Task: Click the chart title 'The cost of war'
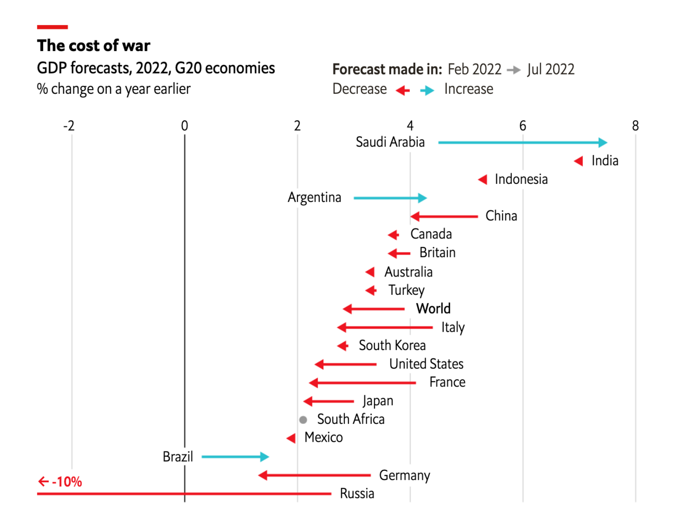(x=93, y=45)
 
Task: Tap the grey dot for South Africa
(x=303, y=420)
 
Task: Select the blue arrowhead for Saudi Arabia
(x=603, y=143)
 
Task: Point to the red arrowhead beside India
(x=578, y=161)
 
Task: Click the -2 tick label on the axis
(x=69, y=126)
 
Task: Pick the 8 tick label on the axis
(x=635, y=126)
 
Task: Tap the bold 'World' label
(x=433, y=309)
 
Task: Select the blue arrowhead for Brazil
(x=265, y=457)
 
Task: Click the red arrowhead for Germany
(x=262, y=475)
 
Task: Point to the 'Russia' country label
(x=357, y=493)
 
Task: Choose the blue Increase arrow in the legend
(x=427, y=91)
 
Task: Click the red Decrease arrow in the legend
(x=403, y=91)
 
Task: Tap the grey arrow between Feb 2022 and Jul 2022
(x=514, y=70)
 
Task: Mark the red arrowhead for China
(x=415, y=217)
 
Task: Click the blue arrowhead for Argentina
(x=422, y=198)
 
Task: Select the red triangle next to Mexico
(x=291, y=438)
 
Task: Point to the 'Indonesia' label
(x=521, y=179)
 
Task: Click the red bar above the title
(x=53, y=27)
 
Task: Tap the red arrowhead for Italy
(x=342, y=327)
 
